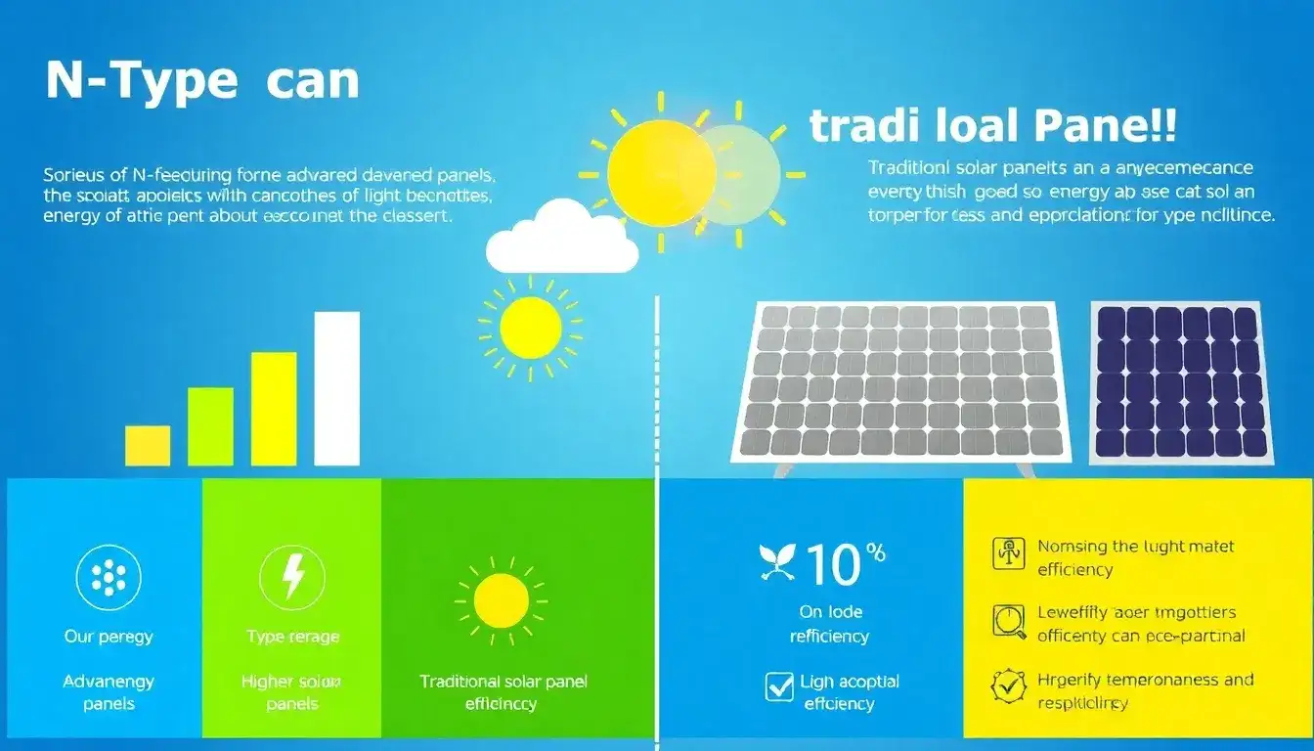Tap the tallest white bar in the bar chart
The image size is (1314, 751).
[336, 388]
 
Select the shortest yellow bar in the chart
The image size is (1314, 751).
[148, 445]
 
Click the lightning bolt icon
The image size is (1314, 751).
[292, 578]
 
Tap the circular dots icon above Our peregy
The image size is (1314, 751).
[109, 578]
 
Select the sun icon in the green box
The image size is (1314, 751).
[501, 600]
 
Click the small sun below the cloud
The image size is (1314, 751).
[530, 328]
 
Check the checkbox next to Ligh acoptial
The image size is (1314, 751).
[779, 686]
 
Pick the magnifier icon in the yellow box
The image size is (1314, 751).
[1009, 623]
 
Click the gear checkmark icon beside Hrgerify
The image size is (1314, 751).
[1009, 685]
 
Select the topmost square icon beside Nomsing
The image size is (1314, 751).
[1009, 553]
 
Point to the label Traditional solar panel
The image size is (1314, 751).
[504, 682]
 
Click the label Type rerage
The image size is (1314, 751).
[292, 637]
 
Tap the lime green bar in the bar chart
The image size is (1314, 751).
[210, 426]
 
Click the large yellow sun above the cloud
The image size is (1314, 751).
[661, 173]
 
